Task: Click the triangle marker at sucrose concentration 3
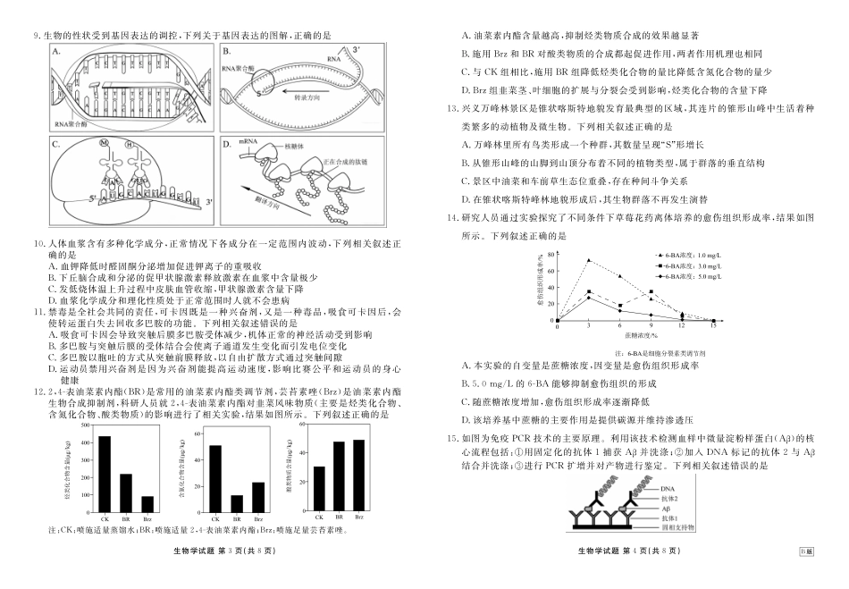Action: [x=589, y=260]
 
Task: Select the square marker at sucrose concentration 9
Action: [x=651, y=292]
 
